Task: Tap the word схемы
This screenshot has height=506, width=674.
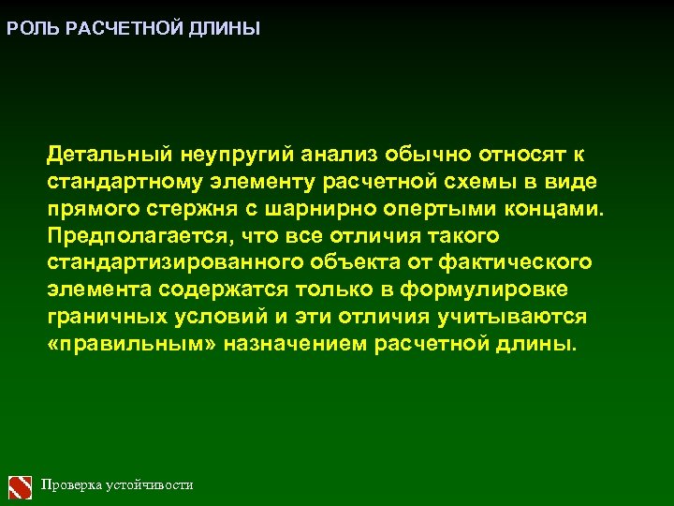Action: (509, 180)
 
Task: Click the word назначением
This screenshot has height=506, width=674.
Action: (300, 344)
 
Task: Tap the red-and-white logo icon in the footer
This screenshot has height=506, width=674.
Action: (21, 485)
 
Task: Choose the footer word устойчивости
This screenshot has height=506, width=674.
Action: (151, 485)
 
